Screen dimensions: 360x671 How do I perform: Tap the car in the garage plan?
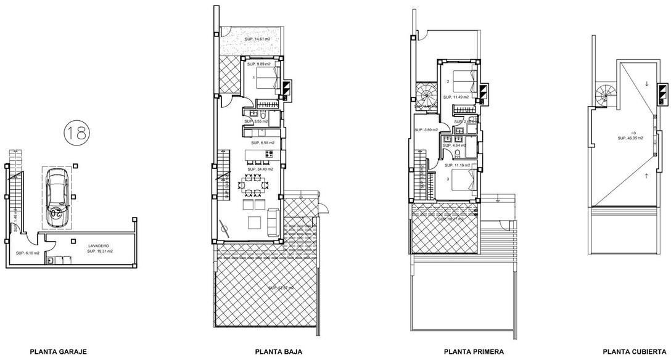click(56, 195)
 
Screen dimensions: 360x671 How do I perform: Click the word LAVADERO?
click(99, 245)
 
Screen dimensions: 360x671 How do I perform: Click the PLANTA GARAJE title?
click(58, 352)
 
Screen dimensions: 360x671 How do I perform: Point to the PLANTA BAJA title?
click(279, 352)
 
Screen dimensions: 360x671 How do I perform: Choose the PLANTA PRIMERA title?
click(474, 352)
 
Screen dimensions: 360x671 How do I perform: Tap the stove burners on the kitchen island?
click(254, 154)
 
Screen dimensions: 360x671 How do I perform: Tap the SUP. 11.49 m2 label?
click(457, 97)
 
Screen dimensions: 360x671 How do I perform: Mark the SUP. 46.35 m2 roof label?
click(631, 139)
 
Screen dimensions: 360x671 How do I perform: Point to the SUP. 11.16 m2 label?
click(457, 165)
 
